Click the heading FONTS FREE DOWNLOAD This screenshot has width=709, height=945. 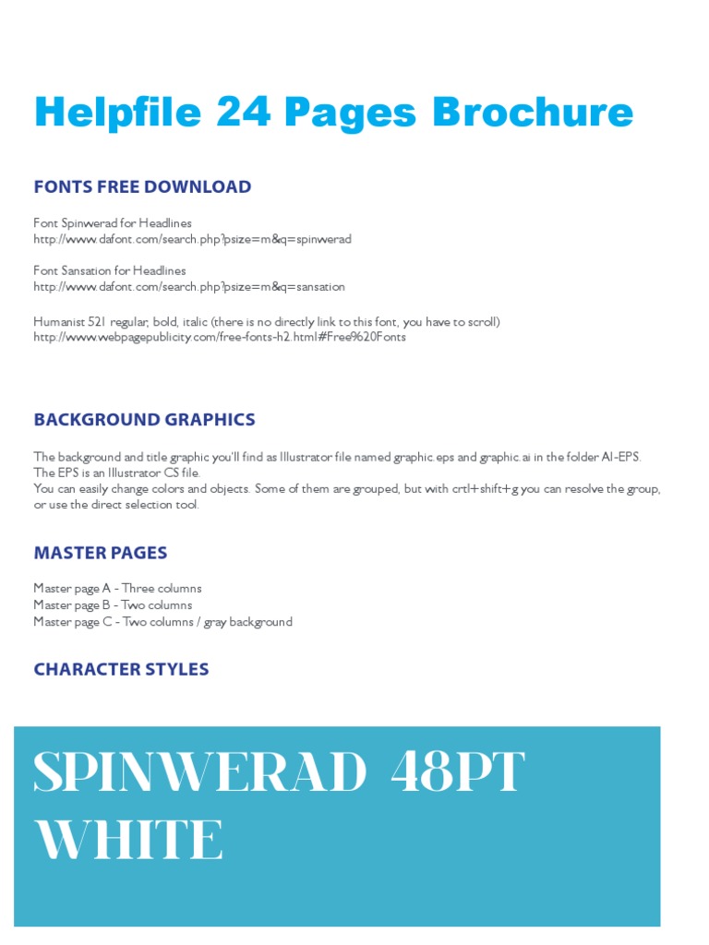point(142,186)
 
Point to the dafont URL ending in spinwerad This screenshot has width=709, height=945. point(192,239)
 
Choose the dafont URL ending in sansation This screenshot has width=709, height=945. point(189,287)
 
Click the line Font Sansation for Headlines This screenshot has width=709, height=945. point(109,271)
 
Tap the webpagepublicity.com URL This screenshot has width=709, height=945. point(219,337)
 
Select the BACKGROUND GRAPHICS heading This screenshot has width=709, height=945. point(144,420)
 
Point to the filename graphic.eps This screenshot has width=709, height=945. point(424,457)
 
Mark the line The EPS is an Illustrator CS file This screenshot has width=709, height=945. point(116,472)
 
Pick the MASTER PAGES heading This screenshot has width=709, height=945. point(101,553)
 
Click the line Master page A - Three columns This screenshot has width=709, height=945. point(117,589)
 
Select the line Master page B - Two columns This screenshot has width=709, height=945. point(113,605)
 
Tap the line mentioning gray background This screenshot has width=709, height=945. point(162,622)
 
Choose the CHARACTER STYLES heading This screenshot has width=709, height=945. point(121,669)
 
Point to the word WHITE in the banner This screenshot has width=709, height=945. point(128,840)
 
